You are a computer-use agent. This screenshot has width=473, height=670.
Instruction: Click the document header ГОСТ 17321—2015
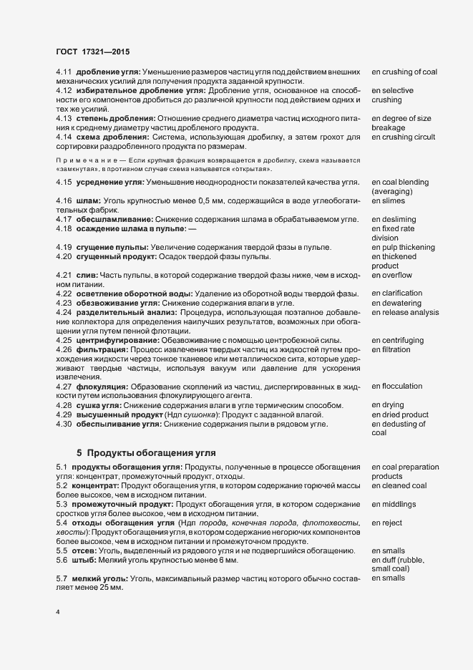point(92,51)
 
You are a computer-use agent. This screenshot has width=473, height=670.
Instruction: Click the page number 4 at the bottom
point(58,612)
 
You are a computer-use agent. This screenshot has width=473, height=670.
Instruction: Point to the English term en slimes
point(390,202)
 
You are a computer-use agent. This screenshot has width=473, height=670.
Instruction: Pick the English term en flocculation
point(397,387)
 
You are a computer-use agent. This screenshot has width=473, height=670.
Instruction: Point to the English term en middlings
point(394,504)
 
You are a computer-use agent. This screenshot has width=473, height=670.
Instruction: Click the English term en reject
point(387,523)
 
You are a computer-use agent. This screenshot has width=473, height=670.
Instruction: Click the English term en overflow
point(392,275)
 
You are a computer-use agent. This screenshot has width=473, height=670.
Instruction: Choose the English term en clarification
point(397,293)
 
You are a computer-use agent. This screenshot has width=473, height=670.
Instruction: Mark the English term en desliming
point(394,220)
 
